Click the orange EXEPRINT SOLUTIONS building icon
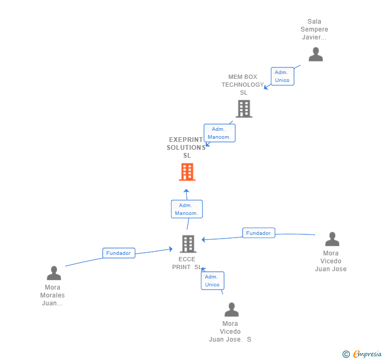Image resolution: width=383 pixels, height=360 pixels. [187, 172]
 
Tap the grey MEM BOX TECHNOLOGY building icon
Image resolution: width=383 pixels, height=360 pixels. [244, 109]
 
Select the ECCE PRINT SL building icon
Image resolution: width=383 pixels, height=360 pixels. [188, 244]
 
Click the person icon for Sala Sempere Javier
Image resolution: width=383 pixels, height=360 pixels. [315, 54]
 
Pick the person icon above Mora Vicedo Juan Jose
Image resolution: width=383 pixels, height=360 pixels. [332, 239]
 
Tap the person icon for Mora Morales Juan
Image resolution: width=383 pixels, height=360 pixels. [54, 273]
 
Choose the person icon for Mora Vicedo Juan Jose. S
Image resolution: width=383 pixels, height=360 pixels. [231, 310]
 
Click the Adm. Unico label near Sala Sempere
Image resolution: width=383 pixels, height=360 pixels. [282, 76]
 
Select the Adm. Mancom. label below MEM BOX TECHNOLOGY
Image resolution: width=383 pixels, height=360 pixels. [219, 133]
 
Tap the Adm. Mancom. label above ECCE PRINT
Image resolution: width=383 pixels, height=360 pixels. [187, 209]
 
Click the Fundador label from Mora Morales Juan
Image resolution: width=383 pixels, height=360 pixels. [118, 253]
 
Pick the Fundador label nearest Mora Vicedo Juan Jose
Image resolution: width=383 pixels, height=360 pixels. [258, 233]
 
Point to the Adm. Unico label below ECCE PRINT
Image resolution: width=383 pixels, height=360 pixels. [212, 281]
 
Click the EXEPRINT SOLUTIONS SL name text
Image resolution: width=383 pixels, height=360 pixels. [186, 148]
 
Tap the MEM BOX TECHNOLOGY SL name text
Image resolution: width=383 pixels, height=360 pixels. [243, 85]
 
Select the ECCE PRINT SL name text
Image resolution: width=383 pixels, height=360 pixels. [187, 263]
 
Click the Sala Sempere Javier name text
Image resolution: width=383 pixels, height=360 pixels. [314, 29]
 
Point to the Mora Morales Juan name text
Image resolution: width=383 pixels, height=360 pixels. [53, 295]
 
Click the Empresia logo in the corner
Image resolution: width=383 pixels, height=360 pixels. [362, 354]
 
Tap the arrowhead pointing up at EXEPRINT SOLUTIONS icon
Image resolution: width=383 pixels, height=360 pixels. [186, 191]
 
